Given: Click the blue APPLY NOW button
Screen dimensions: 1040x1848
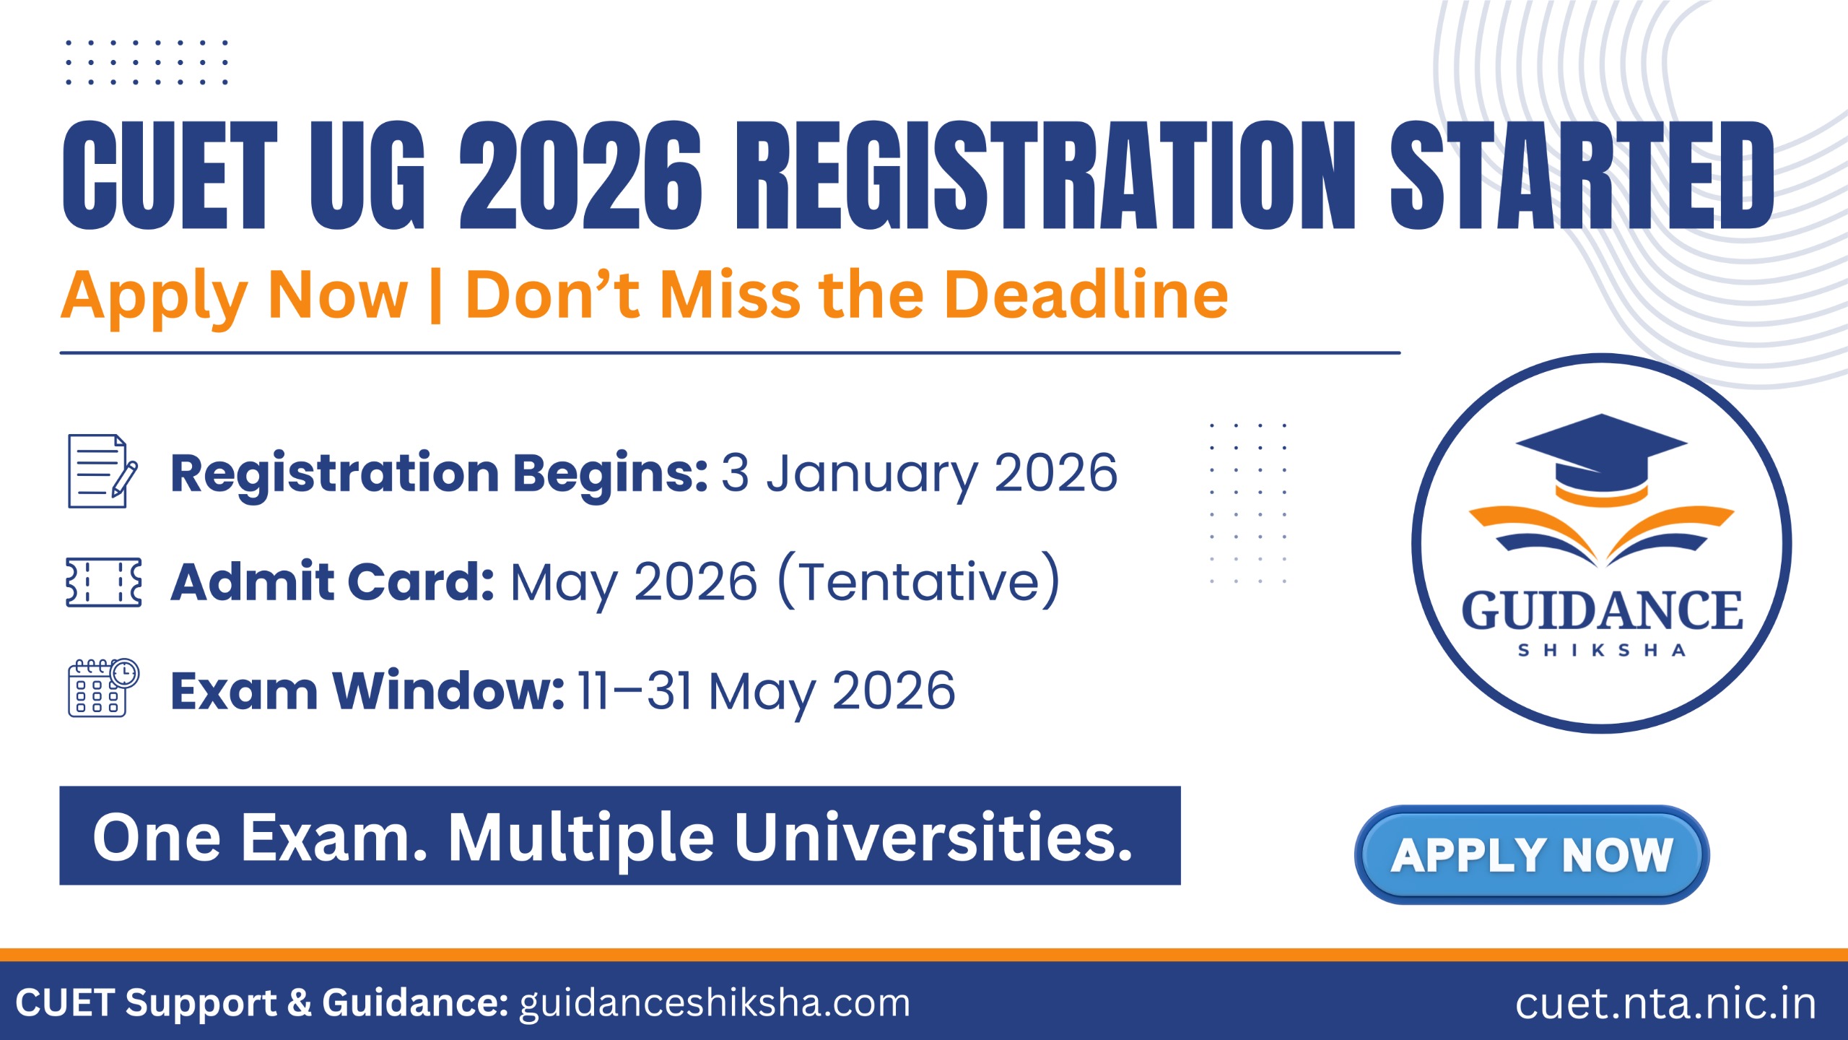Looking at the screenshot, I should pos(1531,854).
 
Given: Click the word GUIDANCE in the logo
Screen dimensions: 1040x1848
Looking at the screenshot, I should pos(1602,611).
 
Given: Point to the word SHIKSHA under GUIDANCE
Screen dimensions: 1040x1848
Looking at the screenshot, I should pos(1602,651).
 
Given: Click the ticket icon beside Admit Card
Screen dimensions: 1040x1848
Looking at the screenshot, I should pos(103,581).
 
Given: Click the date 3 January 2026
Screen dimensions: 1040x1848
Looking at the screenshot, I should pos(919,474).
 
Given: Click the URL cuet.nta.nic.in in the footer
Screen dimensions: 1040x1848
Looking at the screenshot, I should pos(1665,1003).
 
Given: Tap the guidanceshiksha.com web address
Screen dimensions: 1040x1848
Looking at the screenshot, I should pos(715,1003).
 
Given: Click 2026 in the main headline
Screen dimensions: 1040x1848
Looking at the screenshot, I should pos(580,176).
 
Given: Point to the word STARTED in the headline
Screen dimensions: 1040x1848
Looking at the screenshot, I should pos(1581,176).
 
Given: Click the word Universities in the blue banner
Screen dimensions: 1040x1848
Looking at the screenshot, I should pos(933,838).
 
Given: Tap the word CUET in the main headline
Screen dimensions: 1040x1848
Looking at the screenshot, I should pos(170,176).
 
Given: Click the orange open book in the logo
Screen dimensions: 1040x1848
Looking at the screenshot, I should pos(1601,535).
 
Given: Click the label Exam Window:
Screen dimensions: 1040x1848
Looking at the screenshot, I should pos(367,691).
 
